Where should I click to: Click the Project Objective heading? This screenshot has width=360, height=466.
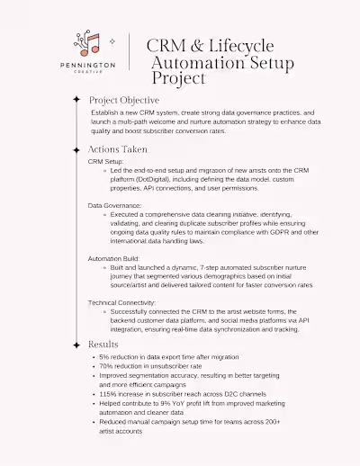[124, 100]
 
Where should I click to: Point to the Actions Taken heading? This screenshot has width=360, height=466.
[118, 149]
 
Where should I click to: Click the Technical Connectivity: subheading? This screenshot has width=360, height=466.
[122, 303]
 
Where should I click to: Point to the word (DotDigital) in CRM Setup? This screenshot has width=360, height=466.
[154, 179]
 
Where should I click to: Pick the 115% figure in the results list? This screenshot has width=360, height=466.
[109, 393]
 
